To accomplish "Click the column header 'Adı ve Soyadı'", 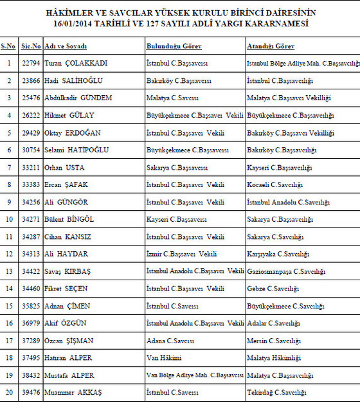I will [x=66, y=47].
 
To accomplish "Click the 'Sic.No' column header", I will [x=31, y=47].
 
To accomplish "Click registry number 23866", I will [x=30, y=81].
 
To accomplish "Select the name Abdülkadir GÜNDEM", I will [x=78, y=98].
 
